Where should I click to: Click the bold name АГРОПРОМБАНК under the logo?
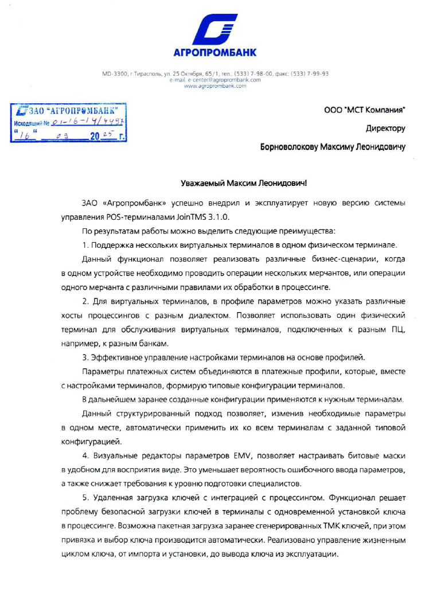[x=215, y=53]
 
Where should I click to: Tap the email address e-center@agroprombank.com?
[x=215, y=80]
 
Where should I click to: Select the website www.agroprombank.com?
[x=215, y=86]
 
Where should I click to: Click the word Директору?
[x=385, y=128]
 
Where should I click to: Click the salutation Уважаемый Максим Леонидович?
[x=244, y=183]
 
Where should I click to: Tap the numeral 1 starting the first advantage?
[x=84, y=245]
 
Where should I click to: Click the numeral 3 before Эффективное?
[x=84, y=357]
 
